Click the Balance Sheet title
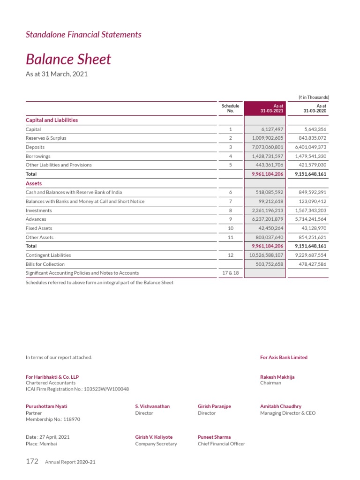(x=68, y=60)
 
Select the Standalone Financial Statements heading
(x=83, y=34)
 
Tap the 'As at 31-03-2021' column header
(x=272, y=109)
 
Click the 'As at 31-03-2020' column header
(x=315, y=109)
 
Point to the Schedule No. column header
(x=230, y=109)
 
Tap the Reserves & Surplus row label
(x=46, y=138)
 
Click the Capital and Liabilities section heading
(x=52, y=120)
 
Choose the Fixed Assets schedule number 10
(x=230, y=228)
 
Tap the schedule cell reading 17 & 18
(x=230, y=273)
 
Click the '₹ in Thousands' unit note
(x=314, y=97)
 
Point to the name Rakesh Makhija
(x=277, y=377)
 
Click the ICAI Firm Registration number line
(x=77, y=389)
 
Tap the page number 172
(x=32, y=461)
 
